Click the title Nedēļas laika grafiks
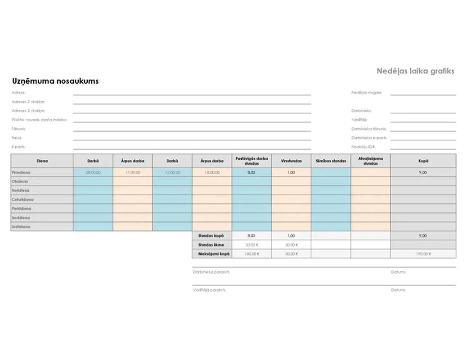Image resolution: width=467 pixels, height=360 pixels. point(415,71)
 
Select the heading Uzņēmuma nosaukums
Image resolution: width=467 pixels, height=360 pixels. point(55,81)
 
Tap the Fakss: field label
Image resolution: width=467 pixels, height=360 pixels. point(17,138)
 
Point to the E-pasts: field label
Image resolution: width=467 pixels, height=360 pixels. point(19,147)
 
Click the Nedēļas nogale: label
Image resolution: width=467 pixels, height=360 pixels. point(367,93)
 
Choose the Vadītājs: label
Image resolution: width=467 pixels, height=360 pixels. point(359,120)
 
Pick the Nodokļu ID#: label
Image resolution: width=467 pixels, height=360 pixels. point(364,147)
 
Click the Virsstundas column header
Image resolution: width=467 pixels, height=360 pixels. point(291,161)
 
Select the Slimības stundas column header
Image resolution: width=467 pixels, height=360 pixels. point(331,161)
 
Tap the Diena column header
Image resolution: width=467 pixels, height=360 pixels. point(42,161)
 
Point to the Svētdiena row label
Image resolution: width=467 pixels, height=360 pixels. point(21,227)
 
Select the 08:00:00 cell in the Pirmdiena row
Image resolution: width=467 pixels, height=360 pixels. point(93,172)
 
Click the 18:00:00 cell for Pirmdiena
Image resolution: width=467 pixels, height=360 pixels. point(212,172)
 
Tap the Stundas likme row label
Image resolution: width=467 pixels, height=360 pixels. point(211,245)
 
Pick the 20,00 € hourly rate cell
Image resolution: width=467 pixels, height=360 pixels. point(251,245)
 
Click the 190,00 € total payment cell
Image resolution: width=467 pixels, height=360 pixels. point(423,254)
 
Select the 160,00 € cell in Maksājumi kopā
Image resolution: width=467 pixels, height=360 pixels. point(251,254)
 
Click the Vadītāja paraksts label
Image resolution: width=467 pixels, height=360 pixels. point(209,290)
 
